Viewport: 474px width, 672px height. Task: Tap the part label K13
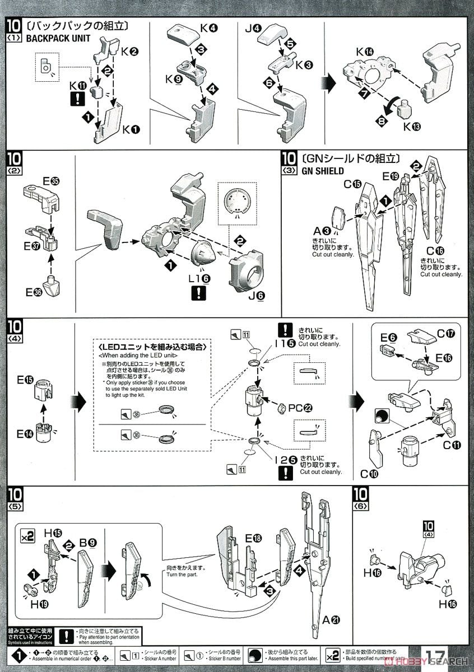(x=411, y=127)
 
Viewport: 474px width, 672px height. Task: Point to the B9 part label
(x=87, y=543)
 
